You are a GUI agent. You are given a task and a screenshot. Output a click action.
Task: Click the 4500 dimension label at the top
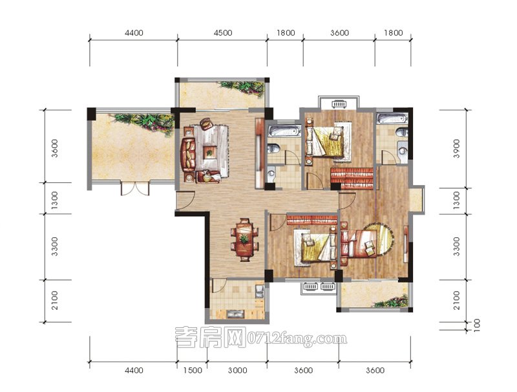tap(222, 32)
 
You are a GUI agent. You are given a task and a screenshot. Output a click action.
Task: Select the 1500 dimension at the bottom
tap(193, 370)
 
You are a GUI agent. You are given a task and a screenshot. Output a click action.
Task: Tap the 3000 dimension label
tap(237, 370)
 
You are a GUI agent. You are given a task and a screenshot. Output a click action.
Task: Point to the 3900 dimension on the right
tap(456, 149)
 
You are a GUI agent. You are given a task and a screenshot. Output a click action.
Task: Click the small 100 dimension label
tap(476, 325)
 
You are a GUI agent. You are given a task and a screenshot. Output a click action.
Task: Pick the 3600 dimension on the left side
tap(55, 149)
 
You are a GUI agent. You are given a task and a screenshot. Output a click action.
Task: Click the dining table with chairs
tap(244, 239)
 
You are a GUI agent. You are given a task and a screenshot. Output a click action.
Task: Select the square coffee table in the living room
tap(209, 152)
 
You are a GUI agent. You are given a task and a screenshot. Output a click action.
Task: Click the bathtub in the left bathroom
tap(284, 131)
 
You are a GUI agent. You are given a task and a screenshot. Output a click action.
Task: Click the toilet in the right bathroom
tap(401, 133)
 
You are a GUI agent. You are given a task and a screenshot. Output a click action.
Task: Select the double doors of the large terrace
tap(135, 188)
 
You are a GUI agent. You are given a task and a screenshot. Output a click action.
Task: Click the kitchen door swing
tap(218, 286)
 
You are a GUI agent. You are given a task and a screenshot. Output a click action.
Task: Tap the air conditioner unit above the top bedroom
tap(338, 104)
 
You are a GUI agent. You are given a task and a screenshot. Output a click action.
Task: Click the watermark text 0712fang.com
tap(297, 338)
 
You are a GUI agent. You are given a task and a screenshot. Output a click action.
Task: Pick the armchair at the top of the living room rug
tap(206, 124)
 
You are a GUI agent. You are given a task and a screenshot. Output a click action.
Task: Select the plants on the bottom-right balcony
tap(392, 301)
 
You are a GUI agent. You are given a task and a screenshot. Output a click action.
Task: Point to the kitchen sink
tap(260, 290)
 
